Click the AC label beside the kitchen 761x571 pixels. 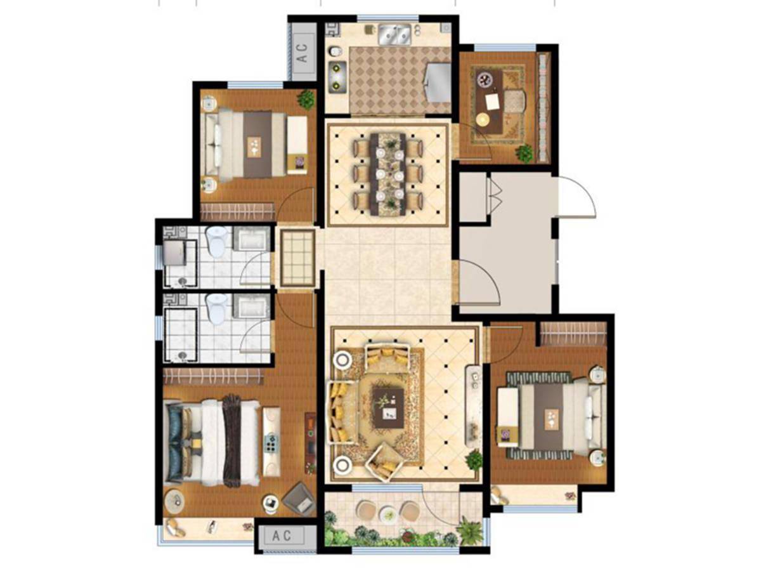tap(303, 53)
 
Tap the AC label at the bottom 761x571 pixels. tap(282, 535)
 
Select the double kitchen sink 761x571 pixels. tap(394, 34)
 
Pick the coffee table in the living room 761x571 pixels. tap(389, 408)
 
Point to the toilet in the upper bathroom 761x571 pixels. tap(216, 241)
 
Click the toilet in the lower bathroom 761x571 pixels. tap(216, 308)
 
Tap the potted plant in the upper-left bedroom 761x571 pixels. tap(306, 99)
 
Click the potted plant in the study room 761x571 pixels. tap(524, 154)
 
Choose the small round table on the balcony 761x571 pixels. tap(388, 513)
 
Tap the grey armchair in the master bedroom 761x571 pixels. tap(299, 498)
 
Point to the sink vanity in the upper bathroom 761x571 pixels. tap(251, 239)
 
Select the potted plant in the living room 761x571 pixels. tap(473, 460)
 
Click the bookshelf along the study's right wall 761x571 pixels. tap(543, 107)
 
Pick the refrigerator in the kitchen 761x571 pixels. tap(438, 82)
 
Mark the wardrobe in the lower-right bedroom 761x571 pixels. tap(573, 333)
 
